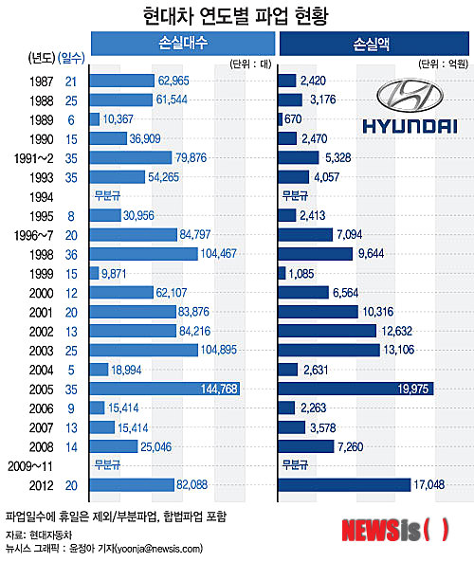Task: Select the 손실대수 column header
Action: click(x=181, y=44)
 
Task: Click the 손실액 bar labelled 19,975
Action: click(x=356, y=388)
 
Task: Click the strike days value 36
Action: click(x=70, y=254)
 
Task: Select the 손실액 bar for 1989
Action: click(x=281, y=119)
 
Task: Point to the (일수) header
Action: click(x=70, y=58)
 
